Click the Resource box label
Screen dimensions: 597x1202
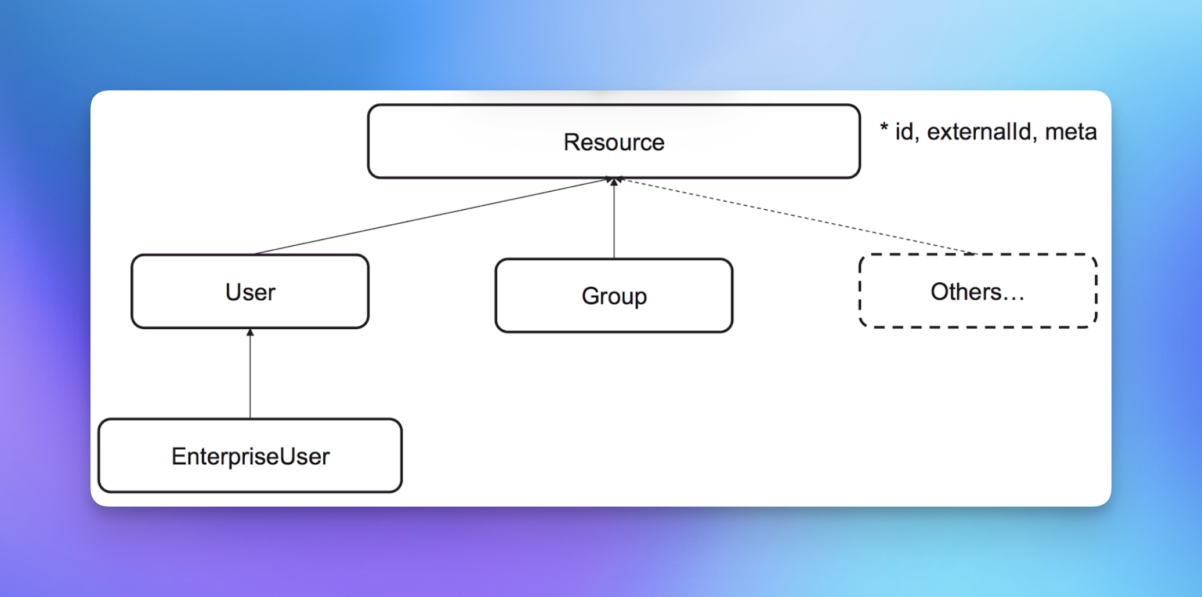coord(614,142)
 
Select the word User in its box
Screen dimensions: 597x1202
coord(250,292)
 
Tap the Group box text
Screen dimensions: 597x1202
coord(614,296)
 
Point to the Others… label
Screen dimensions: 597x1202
coord(977,292)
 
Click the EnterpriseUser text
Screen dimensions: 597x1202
coord(250,457)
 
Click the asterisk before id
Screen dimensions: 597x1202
coord(884,128)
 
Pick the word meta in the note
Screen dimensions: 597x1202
coord(1071,132)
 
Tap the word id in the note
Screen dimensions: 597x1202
coord(904,132)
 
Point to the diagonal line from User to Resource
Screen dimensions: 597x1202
coord(429,217)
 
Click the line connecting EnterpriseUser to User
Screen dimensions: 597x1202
coord(250,377)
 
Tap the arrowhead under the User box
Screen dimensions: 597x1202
coord(250,332)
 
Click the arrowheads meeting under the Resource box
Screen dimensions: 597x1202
coord(614,181)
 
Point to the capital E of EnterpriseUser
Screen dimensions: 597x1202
coord(178,457)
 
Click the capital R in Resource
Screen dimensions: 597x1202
coord(571,142)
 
